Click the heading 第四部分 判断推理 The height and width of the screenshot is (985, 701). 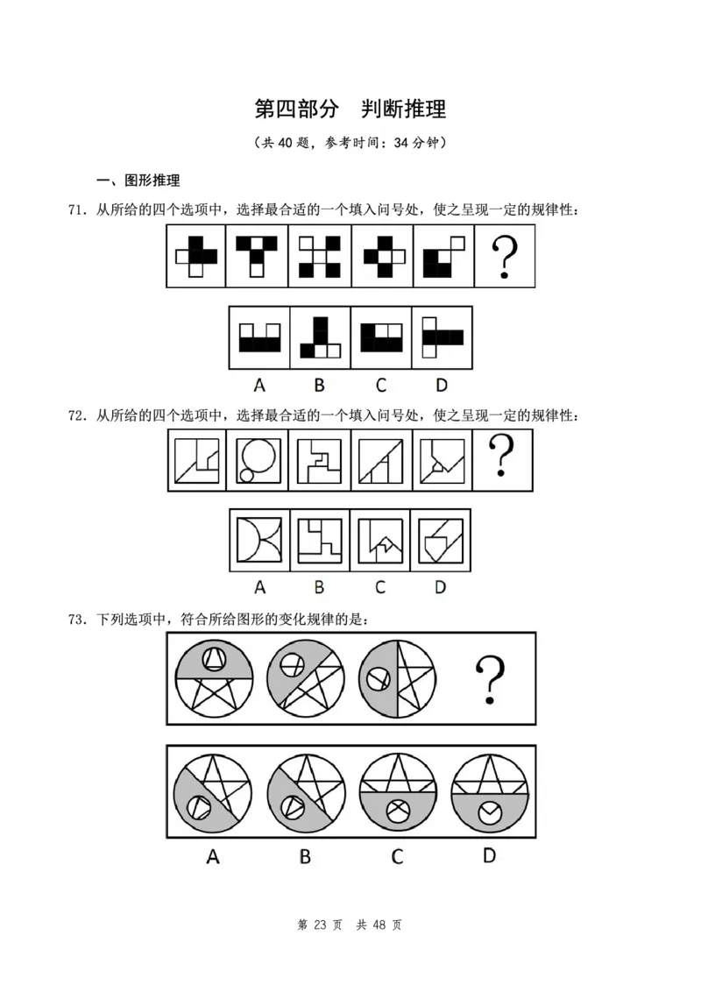(350, 110)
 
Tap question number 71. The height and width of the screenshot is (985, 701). (75, 209)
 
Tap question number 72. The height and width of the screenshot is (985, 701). (75, 415)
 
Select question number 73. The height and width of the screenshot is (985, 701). (75, 620)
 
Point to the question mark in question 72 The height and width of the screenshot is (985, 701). (502, 458)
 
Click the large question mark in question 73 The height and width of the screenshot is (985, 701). (491, 680)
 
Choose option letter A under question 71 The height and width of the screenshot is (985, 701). (258, 382)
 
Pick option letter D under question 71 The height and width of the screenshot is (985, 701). (441, 382)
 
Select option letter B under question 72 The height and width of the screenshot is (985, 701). (319, 586)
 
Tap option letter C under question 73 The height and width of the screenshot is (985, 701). (397, 856)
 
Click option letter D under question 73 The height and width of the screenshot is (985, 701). (489, 854)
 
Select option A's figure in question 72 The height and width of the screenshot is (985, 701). (258, 540)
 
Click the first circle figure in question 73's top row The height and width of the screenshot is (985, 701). (213, 677)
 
